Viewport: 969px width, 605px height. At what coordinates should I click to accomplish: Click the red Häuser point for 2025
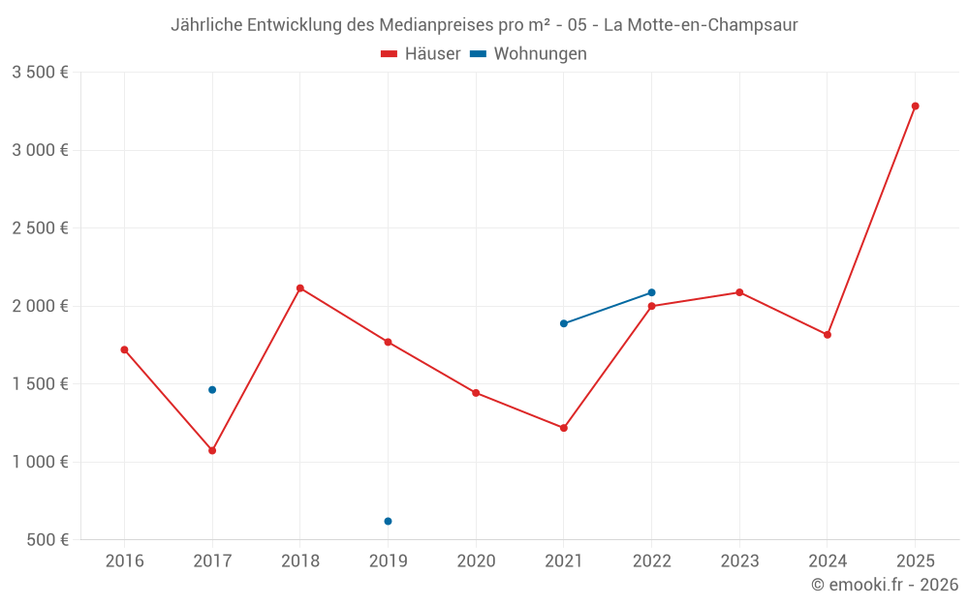pos(915,106)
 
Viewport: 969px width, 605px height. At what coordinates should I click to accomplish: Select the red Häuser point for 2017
pos(212,450)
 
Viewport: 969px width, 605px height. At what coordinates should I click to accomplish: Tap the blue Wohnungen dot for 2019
pos(388,521)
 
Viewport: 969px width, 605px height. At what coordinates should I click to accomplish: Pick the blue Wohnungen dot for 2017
pos(212,389)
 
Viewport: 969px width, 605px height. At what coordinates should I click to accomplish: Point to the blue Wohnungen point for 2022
pos(651,292)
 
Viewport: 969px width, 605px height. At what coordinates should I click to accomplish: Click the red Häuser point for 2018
pos(300,288)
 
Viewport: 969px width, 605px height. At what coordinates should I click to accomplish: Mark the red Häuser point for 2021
pos(564,428)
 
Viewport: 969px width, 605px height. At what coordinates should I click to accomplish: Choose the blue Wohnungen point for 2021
pos(564,323)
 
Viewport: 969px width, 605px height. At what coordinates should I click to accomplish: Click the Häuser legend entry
pos(421,54)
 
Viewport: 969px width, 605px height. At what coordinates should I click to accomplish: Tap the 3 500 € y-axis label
pos(40,73)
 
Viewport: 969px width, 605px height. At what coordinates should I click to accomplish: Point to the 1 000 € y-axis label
pos(40,462)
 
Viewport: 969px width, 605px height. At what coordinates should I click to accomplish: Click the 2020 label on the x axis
pos(476,561)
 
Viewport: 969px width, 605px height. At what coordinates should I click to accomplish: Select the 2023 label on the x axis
pos(739,561)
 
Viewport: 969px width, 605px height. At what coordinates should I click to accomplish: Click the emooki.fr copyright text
pos(885,585)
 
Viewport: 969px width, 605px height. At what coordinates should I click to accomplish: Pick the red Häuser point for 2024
pos(828,335)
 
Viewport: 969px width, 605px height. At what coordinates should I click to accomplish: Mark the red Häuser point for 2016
pos(124,349)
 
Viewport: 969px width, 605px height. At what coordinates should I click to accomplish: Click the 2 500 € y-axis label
pos(40,228)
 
